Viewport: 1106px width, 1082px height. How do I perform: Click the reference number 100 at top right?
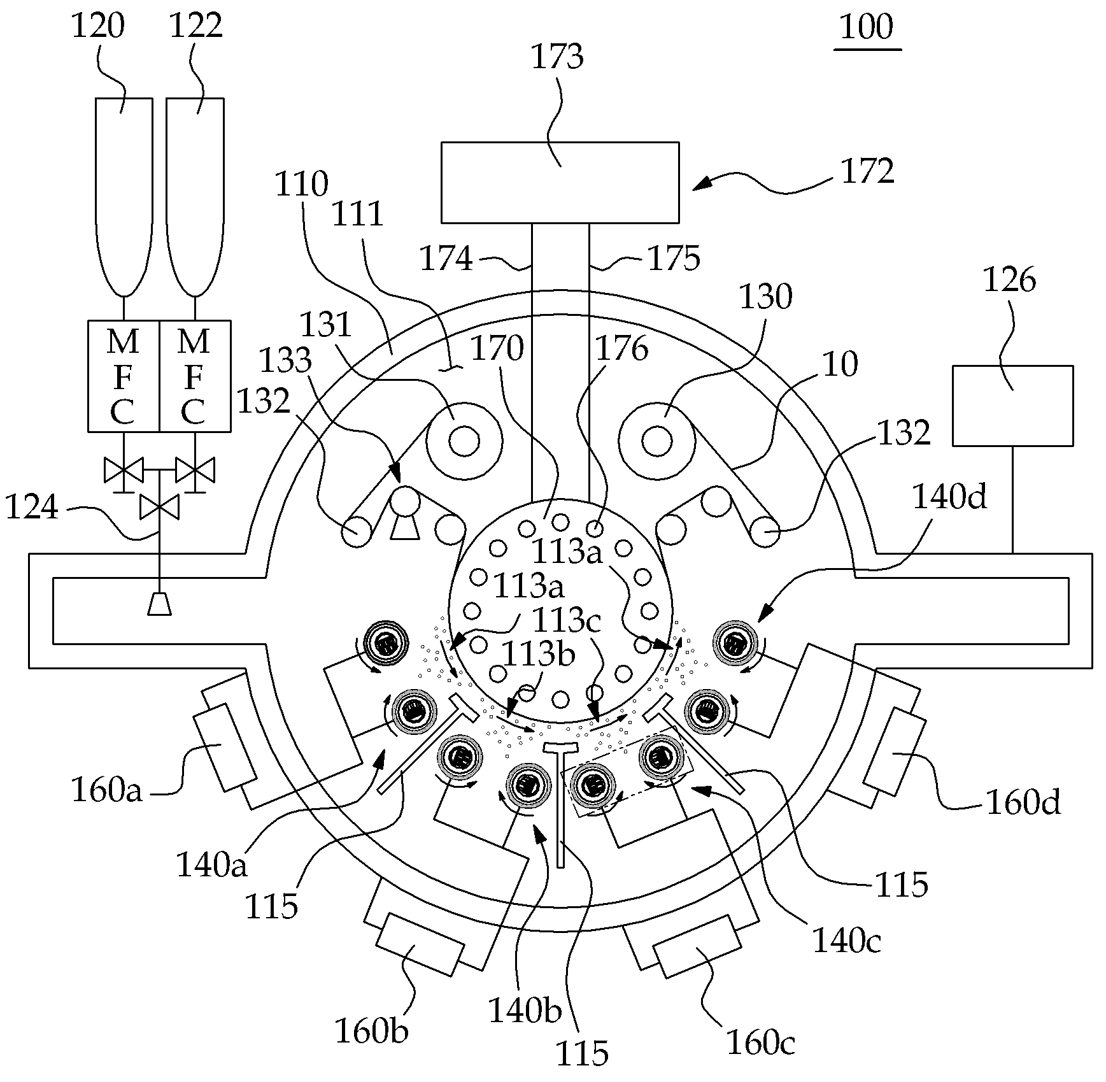[867, 27]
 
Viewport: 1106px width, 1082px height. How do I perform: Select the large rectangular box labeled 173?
[560, 182]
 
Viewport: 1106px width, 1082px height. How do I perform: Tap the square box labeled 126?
[1012, 405]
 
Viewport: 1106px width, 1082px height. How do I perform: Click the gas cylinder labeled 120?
[124, 197]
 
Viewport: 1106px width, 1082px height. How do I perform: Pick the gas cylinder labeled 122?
[195, 197]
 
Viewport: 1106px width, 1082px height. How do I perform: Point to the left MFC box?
[124, 376]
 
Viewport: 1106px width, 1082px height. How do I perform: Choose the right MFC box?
[195, 376]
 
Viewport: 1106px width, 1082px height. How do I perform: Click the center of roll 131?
[464, 440]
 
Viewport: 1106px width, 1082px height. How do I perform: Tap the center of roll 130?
[656, 440]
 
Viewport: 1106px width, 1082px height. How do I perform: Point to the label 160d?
[1023, 802]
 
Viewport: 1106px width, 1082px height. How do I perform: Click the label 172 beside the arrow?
[868, 171]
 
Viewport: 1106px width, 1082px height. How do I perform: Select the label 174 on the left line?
[446, 259]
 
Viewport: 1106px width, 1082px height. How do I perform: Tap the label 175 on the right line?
[674, 258]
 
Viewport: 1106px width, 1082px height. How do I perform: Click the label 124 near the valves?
[31, 508]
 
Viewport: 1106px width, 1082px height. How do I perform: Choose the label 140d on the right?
[949, 496]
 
